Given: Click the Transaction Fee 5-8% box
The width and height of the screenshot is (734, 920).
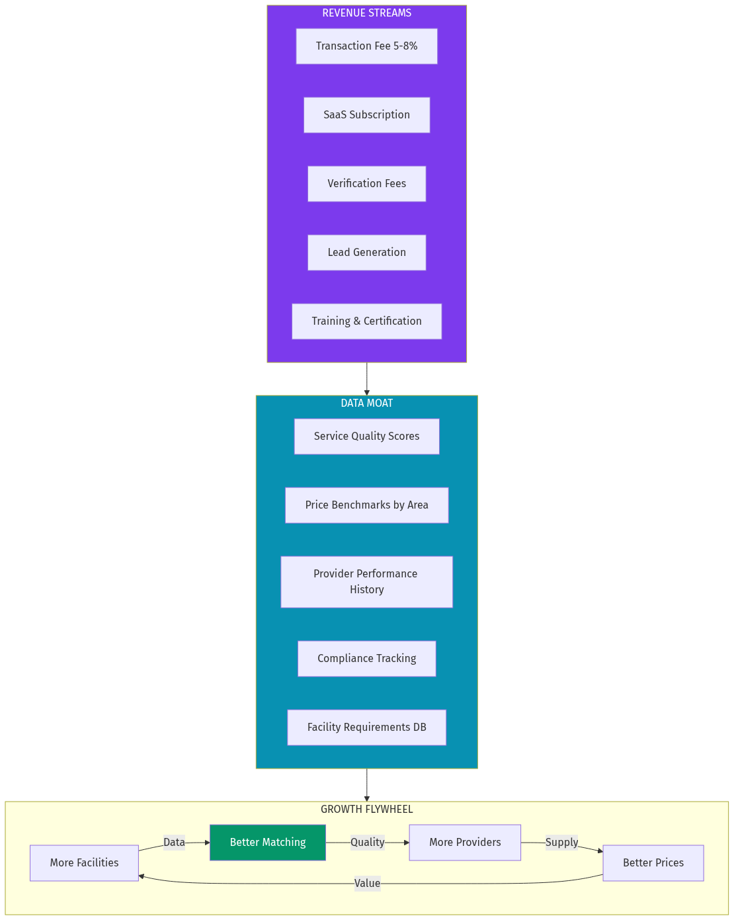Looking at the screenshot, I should tap(366, 46).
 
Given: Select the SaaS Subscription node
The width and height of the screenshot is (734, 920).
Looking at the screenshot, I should tap(366, 115).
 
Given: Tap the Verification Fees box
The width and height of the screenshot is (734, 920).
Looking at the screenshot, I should tap(366, 184).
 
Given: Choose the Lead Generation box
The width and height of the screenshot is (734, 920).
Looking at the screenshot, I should tap(366, 253).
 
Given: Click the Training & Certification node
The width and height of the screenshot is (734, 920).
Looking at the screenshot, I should tap(366, 321).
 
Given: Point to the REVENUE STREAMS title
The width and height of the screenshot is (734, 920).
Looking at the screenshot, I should tap(366, 13).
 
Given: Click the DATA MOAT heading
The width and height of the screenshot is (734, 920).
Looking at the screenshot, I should tap(366, 403).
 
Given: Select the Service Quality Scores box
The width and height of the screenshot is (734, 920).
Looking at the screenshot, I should tap(366, 437).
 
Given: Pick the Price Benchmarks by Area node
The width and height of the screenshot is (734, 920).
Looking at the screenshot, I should tap(366, 505).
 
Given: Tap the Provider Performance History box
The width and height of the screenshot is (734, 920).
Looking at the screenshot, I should tap(366, 582).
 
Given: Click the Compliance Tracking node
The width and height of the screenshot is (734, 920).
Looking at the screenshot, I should tap(366, 659).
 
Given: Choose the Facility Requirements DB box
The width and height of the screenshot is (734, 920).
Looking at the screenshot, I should tap(366, 728).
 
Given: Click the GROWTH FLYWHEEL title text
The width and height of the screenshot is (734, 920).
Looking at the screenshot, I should tap(366, 810).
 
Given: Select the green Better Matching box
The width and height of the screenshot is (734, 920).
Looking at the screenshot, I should tap(268, 843).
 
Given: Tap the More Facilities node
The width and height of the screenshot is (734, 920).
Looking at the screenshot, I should tap(84, 863).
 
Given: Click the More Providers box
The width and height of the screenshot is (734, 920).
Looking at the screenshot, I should tap(465, 843).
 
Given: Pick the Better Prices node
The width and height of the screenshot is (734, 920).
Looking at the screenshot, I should tap(653, 863).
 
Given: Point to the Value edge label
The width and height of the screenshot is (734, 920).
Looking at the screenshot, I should tap(367, 884).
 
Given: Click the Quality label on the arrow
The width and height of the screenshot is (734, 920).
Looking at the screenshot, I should tap(367, 843).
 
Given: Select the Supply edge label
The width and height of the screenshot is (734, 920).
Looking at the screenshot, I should tap(561, 843).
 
